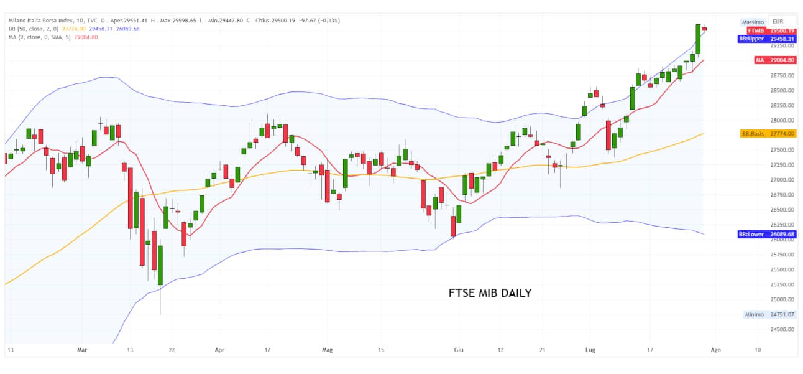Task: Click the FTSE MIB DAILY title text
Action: coord(490,292)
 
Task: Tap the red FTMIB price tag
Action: coord(771,30)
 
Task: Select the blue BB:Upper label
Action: coord(766,39)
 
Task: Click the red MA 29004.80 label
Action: coord(774,60)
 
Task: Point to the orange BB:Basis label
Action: coord(768,134)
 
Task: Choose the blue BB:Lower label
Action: coord(766,235)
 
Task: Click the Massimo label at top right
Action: coord(753,22)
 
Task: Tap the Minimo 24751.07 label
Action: coord(769,314)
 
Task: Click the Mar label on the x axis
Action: coord(82,350)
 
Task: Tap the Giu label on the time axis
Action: coord(459,350)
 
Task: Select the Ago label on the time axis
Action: coord(715,350)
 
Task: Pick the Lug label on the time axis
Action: coord(590,350)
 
